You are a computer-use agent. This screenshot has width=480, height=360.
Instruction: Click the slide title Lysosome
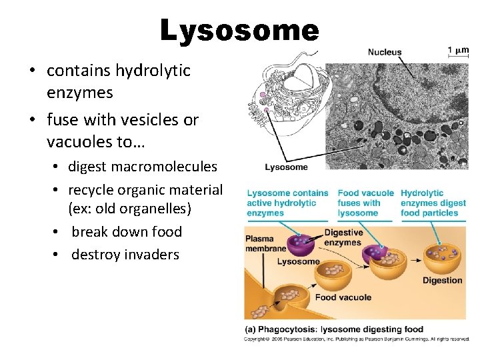click(x=240, y=31)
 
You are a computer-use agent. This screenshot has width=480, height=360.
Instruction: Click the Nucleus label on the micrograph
click(x=385, y=52)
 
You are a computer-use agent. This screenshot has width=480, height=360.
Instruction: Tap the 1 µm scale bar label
click(x=458, y=49)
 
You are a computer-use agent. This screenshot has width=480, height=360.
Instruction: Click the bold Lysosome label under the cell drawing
click(x=286, y=167)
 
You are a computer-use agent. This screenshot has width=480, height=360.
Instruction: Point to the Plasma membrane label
click(x=265, y=243)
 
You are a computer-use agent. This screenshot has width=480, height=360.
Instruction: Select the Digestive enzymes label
click(x=343, y=238)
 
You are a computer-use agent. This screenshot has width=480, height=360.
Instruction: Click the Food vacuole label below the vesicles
click(x=343, y=297)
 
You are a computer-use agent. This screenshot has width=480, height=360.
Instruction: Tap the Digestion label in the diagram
click(x=442, y=281)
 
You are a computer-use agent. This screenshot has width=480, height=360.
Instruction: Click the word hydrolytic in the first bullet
click(x=153, y=71)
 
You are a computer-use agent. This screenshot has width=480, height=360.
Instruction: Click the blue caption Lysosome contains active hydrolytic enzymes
click(x=287, y=203)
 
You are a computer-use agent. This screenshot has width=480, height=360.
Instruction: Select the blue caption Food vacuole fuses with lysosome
click(x=365, y=203)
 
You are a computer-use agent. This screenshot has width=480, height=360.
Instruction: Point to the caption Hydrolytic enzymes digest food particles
click(x=431, y=203)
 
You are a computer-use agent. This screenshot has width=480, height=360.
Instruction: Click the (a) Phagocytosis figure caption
click(x=333, y=329)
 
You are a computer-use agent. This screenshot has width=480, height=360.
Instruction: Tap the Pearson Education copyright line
click(x=357, y=339)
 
